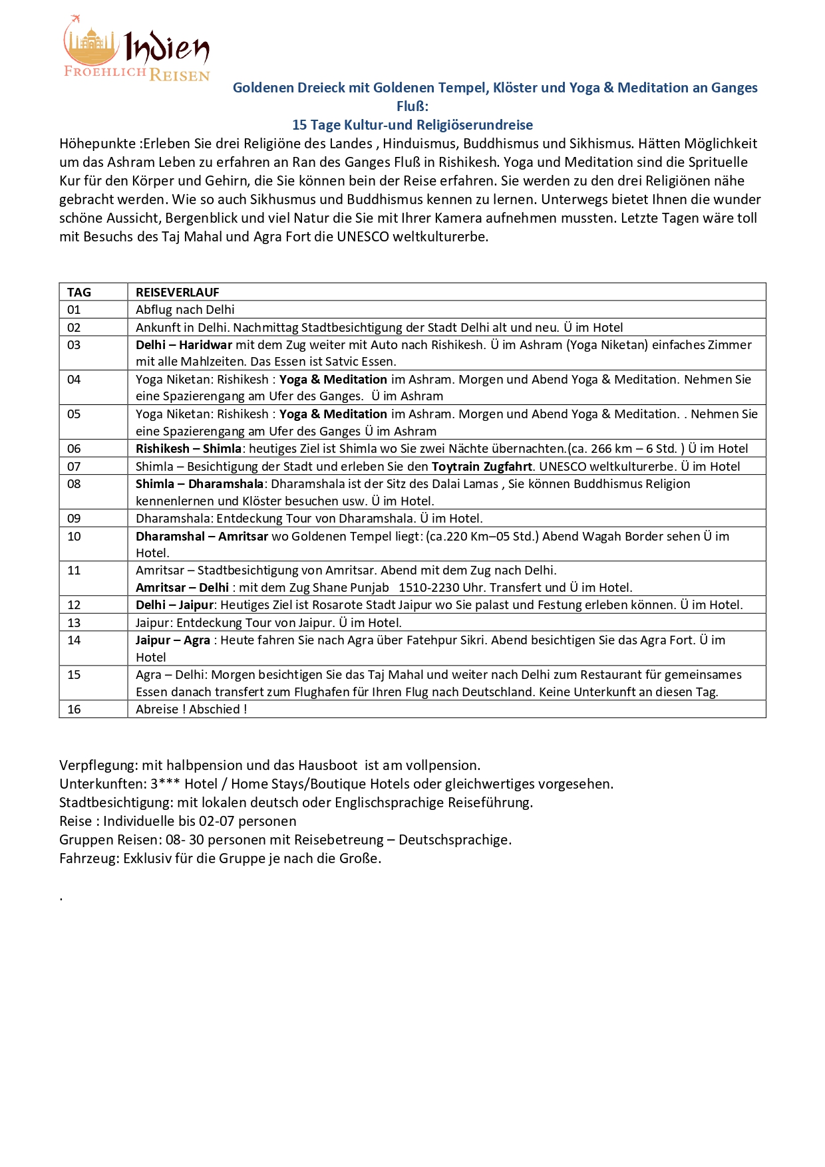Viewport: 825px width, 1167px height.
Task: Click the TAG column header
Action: click(79, 292)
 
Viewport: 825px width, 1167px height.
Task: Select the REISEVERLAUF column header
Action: click(177, 292)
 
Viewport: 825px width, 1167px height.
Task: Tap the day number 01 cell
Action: click(74, 310)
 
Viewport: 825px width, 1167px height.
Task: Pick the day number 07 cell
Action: click(74, 467)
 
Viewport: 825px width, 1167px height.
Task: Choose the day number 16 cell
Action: click(74, 710)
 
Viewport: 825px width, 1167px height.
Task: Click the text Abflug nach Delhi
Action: click(185, 310)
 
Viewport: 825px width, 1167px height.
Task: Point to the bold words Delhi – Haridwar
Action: click(184, 345)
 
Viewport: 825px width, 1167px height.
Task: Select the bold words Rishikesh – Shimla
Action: click(188, 449)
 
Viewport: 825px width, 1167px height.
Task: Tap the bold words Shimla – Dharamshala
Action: click(200, 484)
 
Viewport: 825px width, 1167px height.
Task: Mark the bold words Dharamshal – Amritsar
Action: click(202, 537)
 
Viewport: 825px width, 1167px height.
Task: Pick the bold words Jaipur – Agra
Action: click(173, 640)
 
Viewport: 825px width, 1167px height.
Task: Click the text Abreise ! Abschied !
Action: click(191, 710)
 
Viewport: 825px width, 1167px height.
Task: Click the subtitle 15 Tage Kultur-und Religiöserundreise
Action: click(412, 125)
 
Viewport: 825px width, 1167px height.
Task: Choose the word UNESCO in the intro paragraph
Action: click(363, 237)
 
